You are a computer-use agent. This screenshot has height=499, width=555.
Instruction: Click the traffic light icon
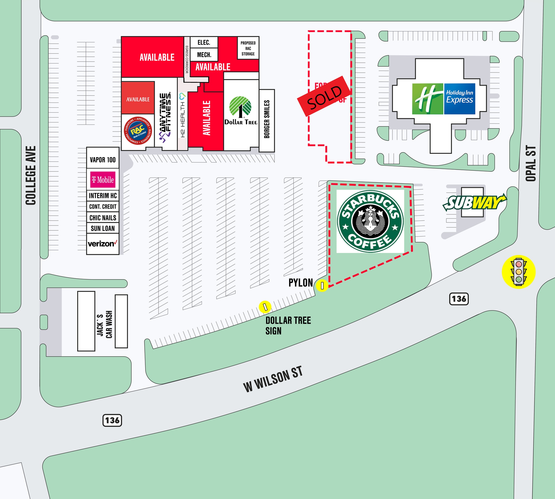click(518, 272)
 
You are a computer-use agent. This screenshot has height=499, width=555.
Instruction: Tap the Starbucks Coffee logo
click(370, 221)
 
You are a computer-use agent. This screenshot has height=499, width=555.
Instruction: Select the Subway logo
click(475, 202)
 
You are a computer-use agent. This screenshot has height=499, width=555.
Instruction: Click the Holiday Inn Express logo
click(444, 99)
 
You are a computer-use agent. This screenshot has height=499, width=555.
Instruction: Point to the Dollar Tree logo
click(240, 110)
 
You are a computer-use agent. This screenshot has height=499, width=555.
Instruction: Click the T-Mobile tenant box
click(103, 180)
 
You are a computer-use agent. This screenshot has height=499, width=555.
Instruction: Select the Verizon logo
click(103, 243)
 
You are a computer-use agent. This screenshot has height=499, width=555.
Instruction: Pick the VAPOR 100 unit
click(103, 160)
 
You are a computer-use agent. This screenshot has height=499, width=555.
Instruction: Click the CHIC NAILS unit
click(103, 218)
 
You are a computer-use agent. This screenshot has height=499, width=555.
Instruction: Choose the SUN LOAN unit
click(103, 228)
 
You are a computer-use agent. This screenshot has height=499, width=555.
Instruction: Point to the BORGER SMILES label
click(267, 119)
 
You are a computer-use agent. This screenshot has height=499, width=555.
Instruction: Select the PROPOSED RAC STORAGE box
click(248, 48)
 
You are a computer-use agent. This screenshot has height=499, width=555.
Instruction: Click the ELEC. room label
click(204, 43)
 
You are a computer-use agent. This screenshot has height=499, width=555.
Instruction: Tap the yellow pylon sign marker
click(322, 285)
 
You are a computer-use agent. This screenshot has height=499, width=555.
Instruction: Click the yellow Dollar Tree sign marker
click(265, 307)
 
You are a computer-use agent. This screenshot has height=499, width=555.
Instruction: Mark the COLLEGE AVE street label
click(31, 176)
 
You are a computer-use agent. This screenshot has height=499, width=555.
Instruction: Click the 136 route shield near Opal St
click(459, 298)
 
